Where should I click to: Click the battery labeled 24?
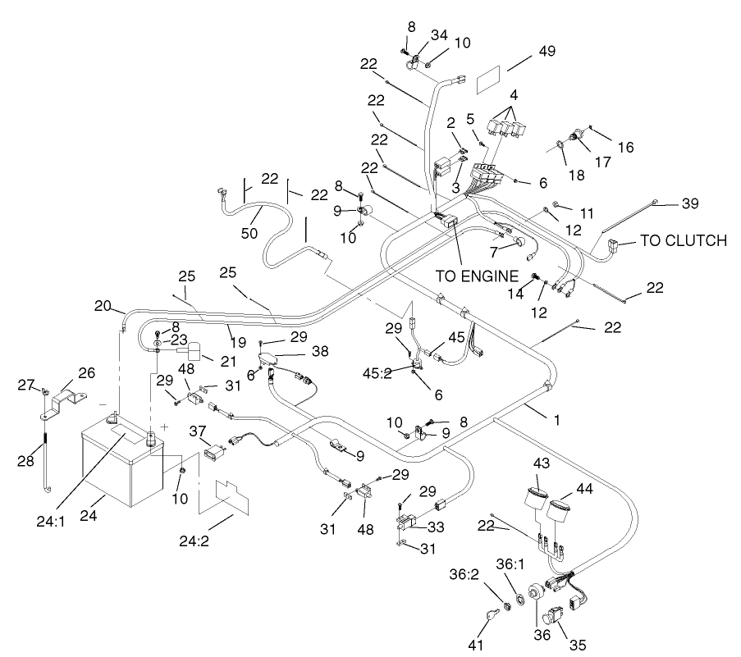point(123,463)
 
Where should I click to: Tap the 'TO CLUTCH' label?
point(683,240)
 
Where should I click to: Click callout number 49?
point(548,52)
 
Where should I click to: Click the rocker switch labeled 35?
point(556,618)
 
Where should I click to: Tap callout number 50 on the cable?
point(249,233)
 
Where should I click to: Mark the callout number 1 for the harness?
point(556,418)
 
